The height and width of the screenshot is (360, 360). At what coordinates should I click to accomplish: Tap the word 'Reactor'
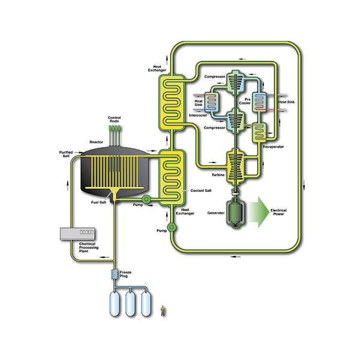pos(97,142)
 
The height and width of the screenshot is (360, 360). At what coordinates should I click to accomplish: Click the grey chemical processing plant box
pos(84,232)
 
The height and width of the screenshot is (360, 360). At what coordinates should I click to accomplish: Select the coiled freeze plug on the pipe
pos(113,275)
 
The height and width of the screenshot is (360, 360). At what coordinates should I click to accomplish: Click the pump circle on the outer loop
pos(172,227)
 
